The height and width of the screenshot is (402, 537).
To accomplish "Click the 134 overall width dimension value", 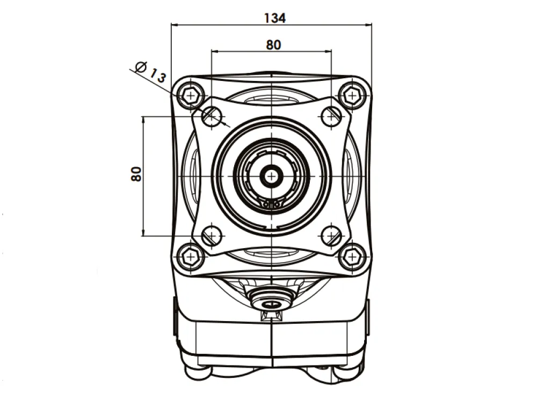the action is coord(275,18).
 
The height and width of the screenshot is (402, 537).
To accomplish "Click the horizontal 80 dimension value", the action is coord(274,45).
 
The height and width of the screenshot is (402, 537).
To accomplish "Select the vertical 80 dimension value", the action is coord(136,174).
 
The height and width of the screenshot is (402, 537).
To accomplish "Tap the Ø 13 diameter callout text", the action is coord(151,72).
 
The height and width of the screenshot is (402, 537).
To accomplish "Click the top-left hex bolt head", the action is coord(191,95).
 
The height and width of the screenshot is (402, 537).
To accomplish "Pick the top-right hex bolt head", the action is coord(352,95).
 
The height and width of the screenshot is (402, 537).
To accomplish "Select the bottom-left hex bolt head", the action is coord(191,256).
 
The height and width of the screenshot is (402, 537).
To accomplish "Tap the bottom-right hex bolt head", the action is coord(352,256).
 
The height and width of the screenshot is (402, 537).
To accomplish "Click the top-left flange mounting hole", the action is coord(212,116).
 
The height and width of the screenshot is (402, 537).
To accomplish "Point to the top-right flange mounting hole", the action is coord(331,116).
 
